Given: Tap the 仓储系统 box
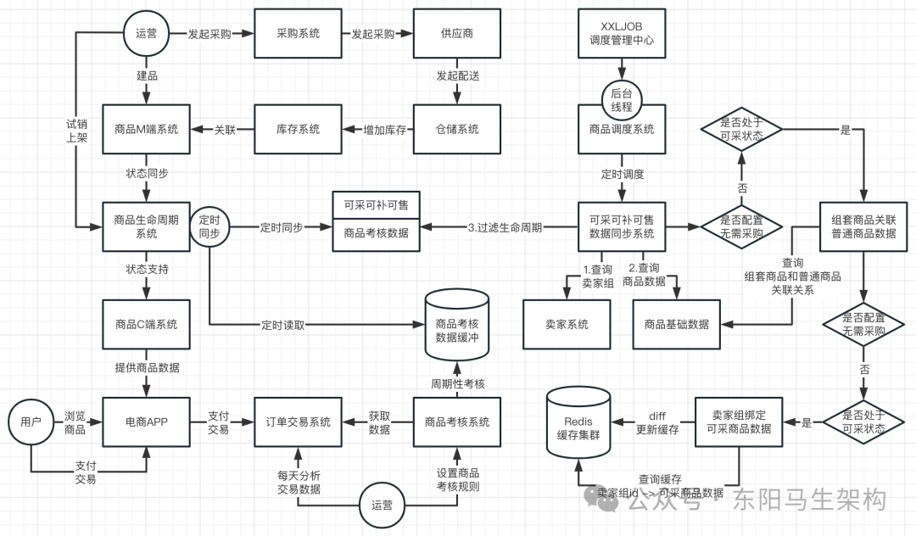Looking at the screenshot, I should pos(456,130).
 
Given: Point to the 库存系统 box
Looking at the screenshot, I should pos(298,130).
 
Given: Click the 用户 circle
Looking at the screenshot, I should pos(30,422).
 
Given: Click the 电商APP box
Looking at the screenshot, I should pos(146,422).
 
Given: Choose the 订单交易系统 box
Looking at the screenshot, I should pos(298,422).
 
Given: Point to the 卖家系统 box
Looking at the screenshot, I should pos(567,324).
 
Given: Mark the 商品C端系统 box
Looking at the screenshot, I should pos(146,324).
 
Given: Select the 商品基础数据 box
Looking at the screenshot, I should pos(676,324).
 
